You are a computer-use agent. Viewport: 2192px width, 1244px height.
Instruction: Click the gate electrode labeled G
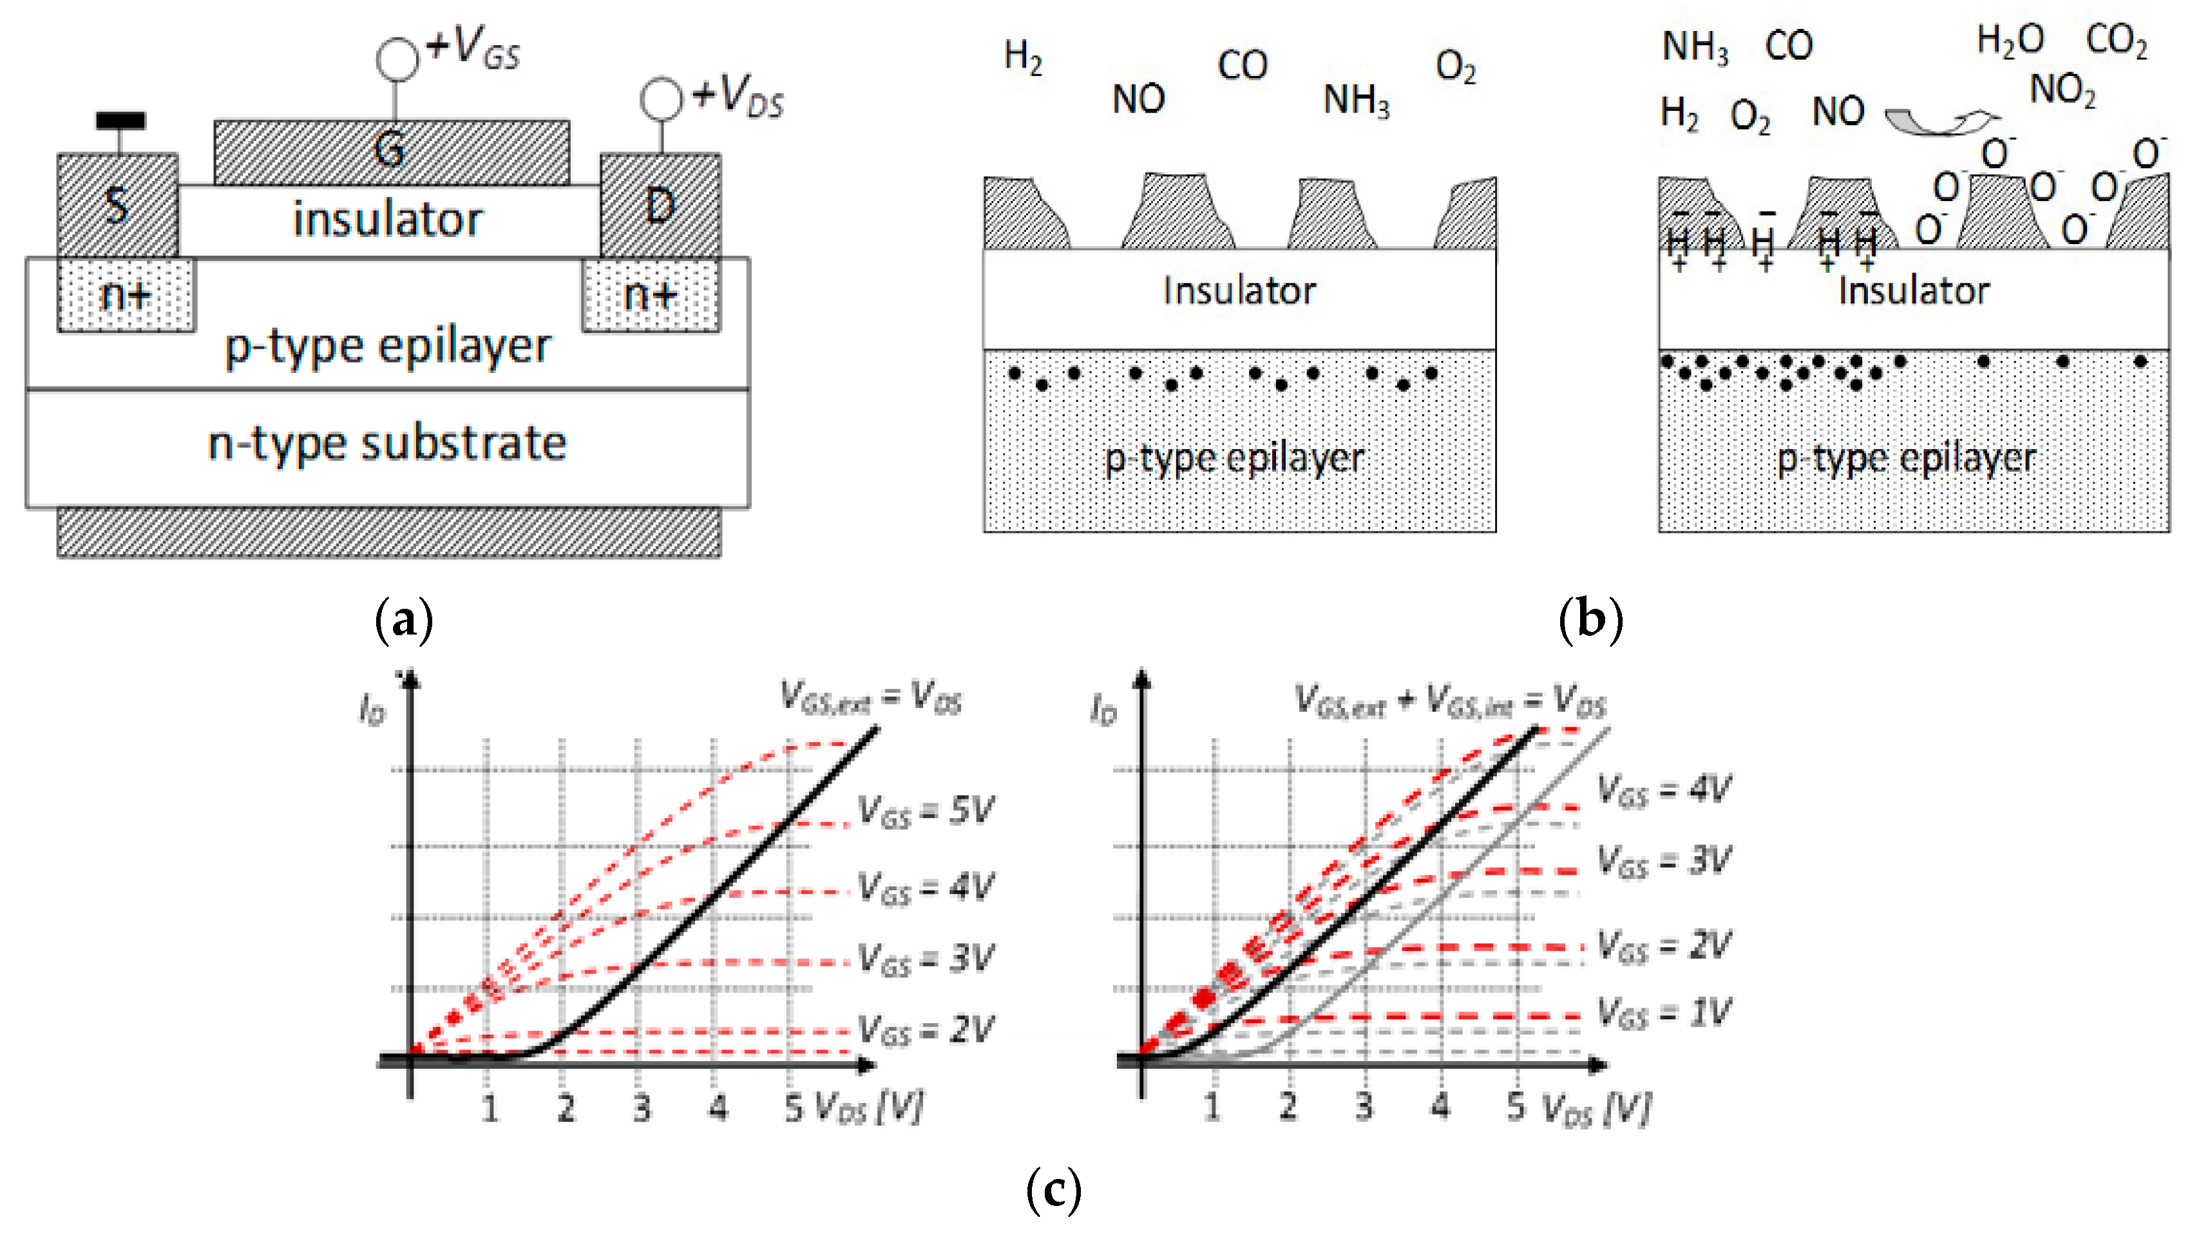391,151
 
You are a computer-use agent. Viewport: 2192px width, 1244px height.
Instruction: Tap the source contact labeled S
117,205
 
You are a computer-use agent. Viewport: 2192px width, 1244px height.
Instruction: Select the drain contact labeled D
660,205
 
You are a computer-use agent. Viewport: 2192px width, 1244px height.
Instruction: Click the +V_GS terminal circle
397,59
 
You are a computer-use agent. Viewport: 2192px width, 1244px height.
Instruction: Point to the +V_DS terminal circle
661,99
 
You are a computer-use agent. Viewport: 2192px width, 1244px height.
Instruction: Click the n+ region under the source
126,295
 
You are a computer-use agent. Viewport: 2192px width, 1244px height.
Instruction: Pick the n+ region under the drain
651,295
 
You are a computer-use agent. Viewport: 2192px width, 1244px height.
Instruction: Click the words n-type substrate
387,443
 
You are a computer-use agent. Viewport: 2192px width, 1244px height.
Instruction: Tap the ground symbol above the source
120,121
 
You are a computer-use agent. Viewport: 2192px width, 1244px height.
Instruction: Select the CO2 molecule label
2117,40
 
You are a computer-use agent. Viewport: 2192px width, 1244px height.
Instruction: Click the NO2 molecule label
2062,90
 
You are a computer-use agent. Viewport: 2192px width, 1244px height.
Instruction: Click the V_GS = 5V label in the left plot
925,810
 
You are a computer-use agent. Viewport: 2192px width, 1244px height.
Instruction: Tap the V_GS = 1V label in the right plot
1663,1013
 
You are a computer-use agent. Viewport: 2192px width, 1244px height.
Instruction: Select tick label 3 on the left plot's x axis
642,1108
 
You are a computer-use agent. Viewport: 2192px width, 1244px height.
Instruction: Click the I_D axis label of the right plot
1103,709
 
